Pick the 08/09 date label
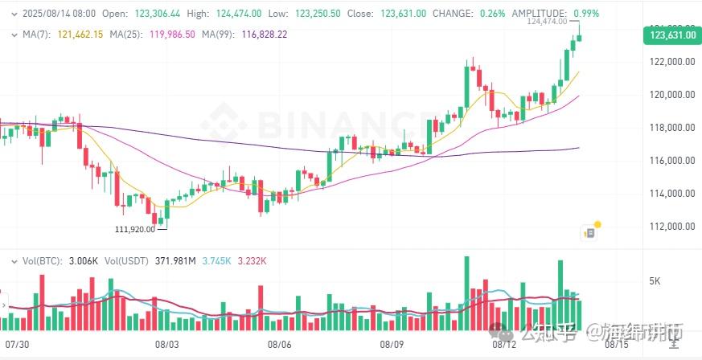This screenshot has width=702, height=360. tap(392, 344)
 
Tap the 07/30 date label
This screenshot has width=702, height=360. tap(17, 344)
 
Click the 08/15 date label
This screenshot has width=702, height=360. tap(617, 344)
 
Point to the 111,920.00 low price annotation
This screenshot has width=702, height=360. tap(135, 229)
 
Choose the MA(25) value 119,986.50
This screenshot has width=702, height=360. tap(170, 35)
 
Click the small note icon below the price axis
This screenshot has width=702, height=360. tap(590, 232)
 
